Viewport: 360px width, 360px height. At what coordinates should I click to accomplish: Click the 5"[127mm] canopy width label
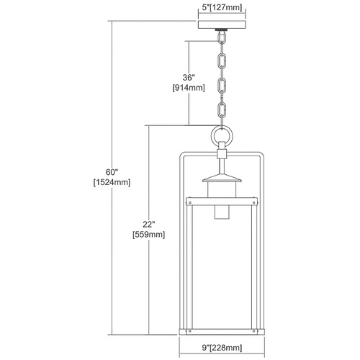(x=222, y=8)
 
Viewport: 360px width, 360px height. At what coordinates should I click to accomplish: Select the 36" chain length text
(x=189, y=78)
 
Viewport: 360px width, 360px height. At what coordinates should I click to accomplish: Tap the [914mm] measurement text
(x=189, y=88)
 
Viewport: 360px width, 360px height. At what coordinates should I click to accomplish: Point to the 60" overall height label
(x=112, y=172)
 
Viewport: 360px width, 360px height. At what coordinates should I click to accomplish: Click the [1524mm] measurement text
(x=112, y=183)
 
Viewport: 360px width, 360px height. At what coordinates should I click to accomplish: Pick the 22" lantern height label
(x=149, y=224)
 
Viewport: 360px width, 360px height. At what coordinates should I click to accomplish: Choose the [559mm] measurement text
(x=149, y=235)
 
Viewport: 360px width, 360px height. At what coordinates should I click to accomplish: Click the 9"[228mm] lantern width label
(x=222, y=348)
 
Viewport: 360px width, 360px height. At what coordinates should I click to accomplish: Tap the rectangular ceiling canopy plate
(x=222, y=25)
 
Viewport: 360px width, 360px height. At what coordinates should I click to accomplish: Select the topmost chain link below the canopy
(x=222, y=37)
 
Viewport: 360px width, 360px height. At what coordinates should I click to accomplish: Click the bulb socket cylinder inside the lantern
(x=222, y=212)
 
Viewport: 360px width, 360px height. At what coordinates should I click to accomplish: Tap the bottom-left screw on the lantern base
(x=189, y=331)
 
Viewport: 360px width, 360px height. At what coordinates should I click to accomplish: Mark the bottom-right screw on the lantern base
(x=254, y=331)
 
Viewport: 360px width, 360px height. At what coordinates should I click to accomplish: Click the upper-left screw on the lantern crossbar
(x=190, y=202)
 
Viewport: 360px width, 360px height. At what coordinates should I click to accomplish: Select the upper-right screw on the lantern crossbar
(x=253, y=202)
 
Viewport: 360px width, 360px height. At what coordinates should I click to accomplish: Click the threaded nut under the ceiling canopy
(x=222, y=30)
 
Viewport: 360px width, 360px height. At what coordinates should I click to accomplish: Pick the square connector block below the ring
(x=222, y=153)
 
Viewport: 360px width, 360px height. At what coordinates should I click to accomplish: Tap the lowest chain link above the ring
(x=222, y=110)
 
